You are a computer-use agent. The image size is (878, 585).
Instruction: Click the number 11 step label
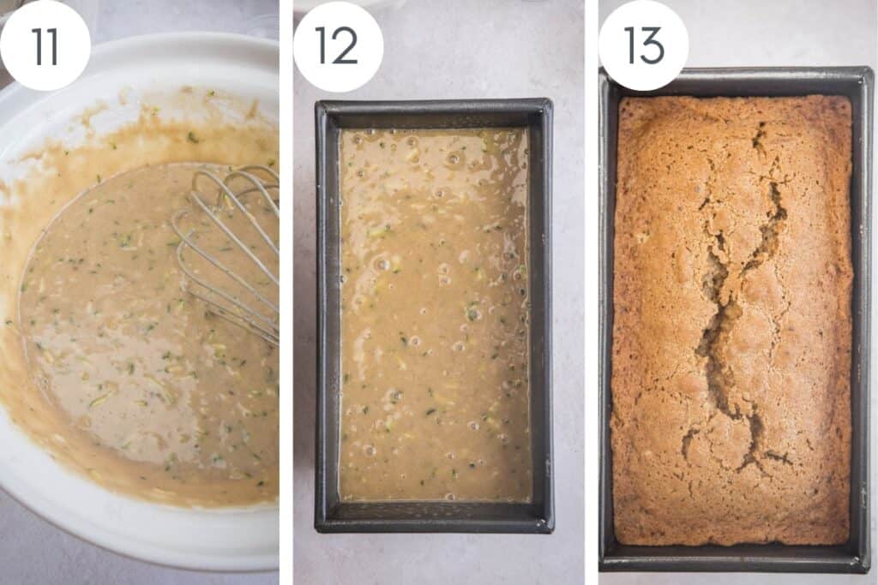[x=45, y=45]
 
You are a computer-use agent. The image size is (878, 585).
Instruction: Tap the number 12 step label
[x=337, y=45]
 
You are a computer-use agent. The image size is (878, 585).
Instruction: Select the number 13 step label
[x=643, y=45]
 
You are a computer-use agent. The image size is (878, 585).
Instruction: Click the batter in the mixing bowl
[x=111, y=325]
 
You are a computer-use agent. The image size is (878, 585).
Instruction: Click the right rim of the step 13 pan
[x=862, y=317]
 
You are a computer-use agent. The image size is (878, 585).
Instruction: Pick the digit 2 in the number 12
[x=346, y=45]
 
